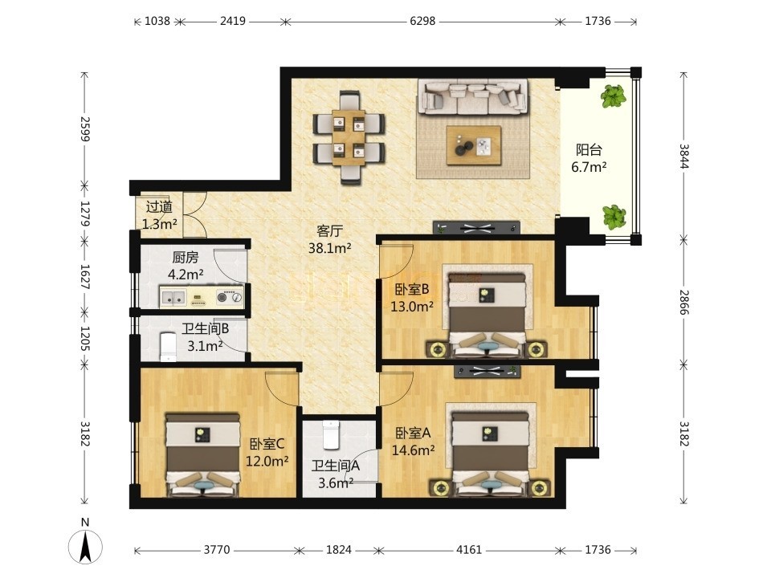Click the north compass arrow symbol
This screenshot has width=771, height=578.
coord(86,546)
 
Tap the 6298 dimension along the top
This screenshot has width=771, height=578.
coord(422,21)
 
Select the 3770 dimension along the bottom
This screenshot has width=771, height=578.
coord(217,549)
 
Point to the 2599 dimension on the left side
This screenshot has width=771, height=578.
coord(85,128)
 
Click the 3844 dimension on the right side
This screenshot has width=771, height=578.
coord(684,156)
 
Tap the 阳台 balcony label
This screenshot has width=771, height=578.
coord(589,150)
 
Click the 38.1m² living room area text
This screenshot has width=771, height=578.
coord(329,249)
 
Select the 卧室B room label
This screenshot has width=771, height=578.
coord(412,290)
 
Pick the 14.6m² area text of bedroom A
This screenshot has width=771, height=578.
coord(413,450)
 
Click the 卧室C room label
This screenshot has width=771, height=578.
coord(267,444)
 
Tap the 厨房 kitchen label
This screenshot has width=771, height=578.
coord(186,258)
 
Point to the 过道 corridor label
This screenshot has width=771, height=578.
coord(159,207)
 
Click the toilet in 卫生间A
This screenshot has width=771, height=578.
coord(331,434)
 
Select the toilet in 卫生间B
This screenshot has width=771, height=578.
coord(168,347)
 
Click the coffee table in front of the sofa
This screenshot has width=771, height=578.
coord(474,145)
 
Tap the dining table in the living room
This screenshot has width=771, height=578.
coord(349,137)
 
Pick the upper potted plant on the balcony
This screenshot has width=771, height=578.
coord(613,96)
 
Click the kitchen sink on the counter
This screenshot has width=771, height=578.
coord(173,297)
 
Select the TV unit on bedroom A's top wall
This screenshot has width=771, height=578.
coord(487,372)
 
